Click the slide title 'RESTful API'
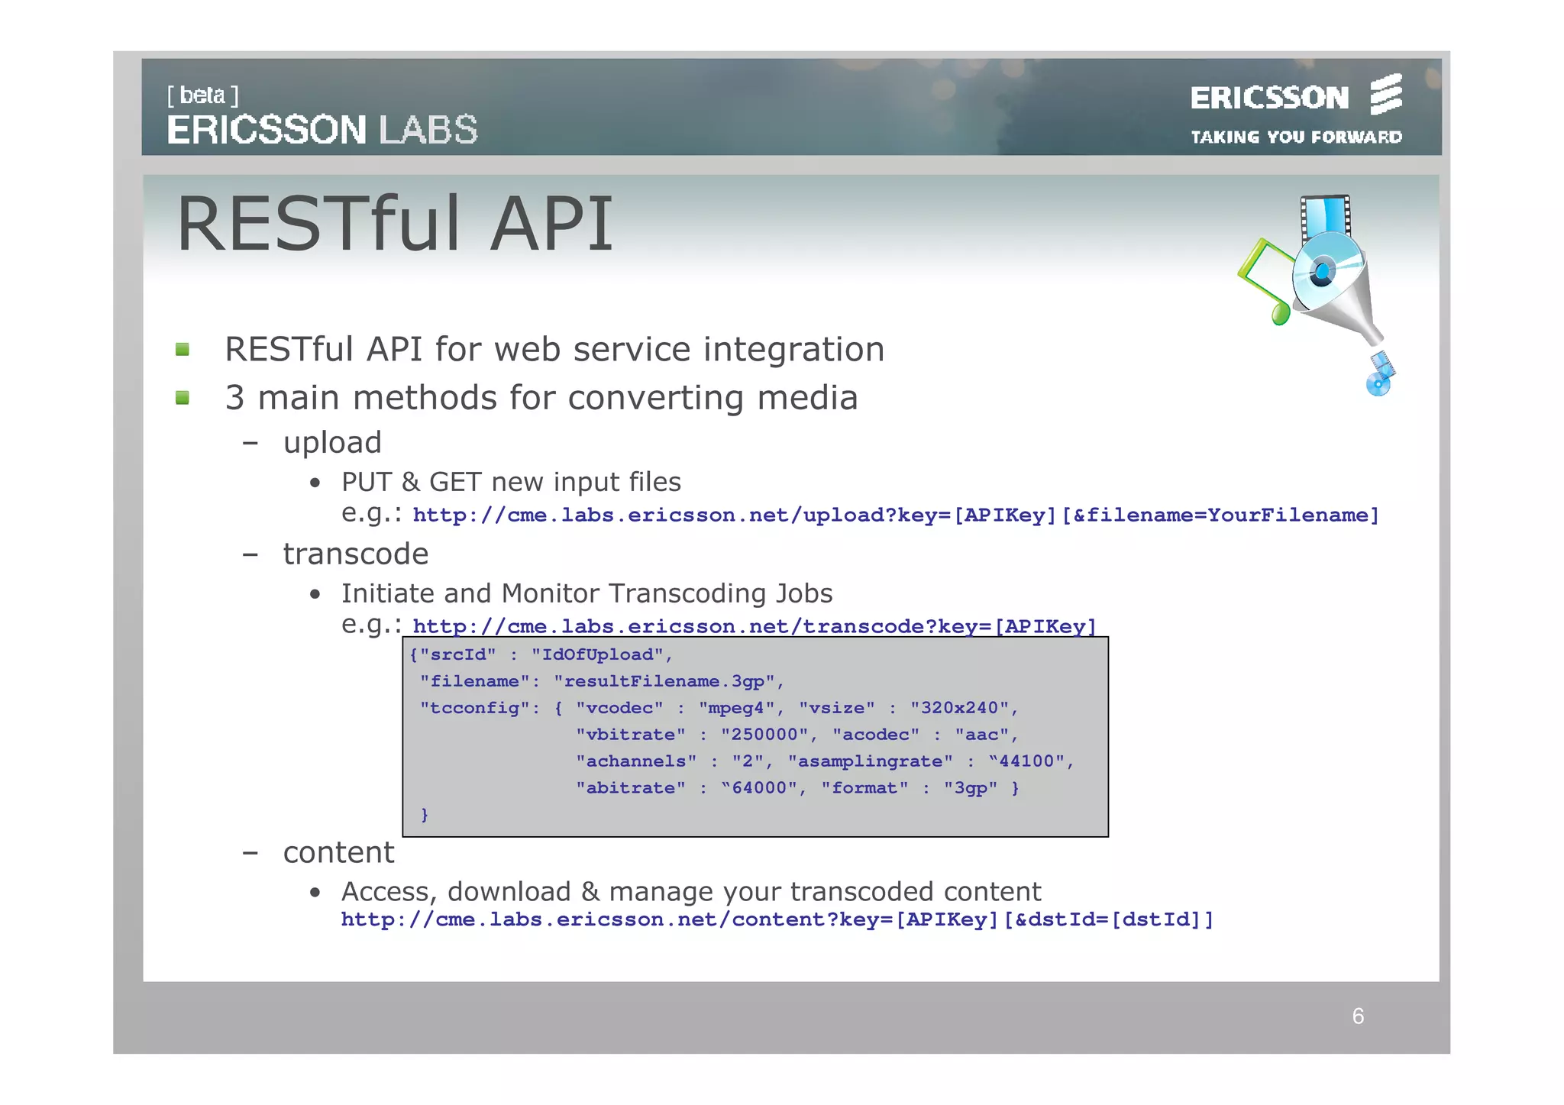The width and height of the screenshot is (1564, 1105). point(395,224)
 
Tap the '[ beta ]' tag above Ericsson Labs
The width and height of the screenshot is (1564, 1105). point(202,95)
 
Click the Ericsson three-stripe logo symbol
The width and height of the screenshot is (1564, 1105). point(1385,95)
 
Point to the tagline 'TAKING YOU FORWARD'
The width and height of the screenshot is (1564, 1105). point(1296,137)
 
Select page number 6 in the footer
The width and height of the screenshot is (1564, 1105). point(1358,1016)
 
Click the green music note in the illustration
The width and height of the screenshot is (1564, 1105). point(1264,283)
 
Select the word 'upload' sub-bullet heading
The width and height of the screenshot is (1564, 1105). point(332,443)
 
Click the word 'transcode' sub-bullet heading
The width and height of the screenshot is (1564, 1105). point(356,554)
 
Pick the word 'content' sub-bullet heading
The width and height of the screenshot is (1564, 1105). point(338,852)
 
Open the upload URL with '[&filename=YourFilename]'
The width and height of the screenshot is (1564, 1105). point(896,515)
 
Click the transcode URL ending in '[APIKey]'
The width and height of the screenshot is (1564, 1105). point(755,627)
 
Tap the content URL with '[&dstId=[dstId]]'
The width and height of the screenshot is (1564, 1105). point(777,919)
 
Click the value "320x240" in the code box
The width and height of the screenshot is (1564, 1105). point(959,708)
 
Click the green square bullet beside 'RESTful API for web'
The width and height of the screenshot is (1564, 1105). point(183,350)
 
